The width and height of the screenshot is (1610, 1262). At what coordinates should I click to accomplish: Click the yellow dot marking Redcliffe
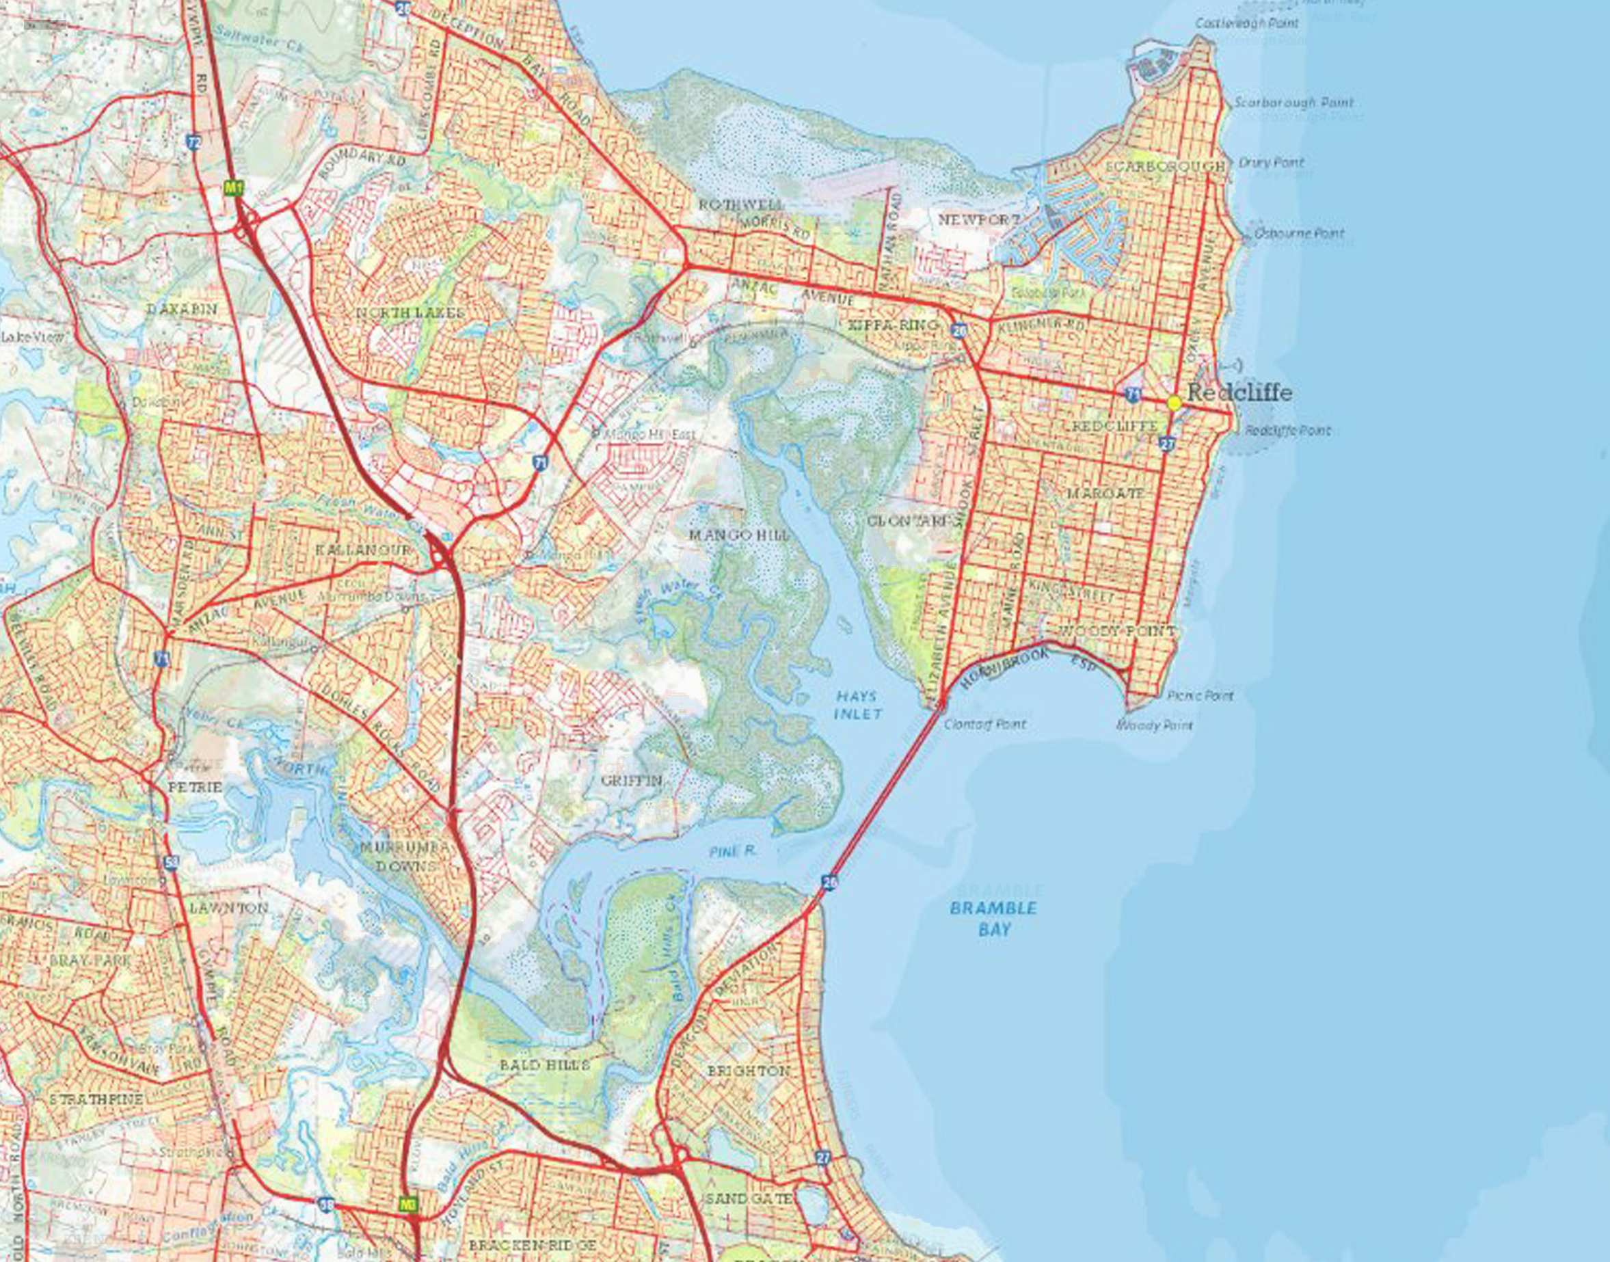tap(1174, 402)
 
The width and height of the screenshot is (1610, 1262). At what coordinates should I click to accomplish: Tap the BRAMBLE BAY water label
tap(994, 917)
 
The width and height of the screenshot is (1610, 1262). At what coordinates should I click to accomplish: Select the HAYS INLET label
tap(857, 705)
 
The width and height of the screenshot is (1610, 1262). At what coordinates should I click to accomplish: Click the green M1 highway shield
tap(234, 188)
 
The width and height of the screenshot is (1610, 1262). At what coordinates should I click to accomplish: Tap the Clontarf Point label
tap(984, 724)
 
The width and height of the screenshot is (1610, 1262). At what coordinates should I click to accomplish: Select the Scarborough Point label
tap(1293, 103)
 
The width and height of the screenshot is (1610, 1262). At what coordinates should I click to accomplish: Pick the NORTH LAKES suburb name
tap(410, 313)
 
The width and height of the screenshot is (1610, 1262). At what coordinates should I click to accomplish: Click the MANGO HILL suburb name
tap(739, 534)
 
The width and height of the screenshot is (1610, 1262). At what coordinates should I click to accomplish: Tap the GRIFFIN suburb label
tap(632, 780)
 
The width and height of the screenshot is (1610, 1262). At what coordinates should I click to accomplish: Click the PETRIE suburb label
tap(195, 788)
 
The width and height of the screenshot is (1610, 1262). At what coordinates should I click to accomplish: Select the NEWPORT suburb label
tap(979, 219)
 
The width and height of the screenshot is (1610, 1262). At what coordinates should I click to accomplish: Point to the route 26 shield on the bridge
tap(829, 881)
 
